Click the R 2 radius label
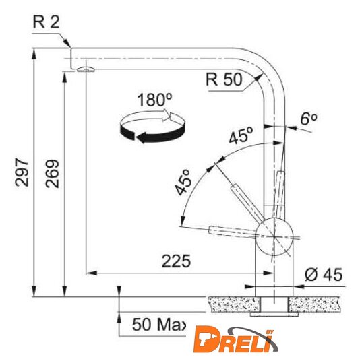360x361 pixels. coord(47,22)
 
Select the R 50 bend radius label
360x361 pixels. coord(224,79)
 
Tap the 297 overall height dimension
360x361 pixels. coord(22,172)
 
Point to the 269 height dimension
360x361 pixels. coord(53,173)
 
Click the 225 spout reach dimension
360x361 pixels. coord(177,261)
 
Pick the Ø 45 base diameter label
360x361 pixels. coord(324,274)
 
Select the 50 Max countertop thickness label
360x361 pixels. coord(159,325)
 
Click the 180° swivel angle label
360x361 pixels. coord(154,100)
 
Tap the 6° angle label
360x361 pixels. coord(308,119)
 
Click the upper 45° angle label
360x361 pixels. coord(241,135)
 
